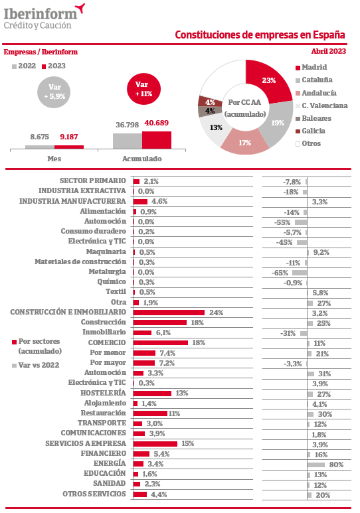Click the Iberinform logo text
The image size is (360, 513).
(x=41, y=14)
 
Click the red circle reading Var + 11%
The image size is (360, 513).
(x=144, y=89)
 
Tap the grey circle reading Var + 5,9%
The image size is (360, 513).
(x=54, y=92)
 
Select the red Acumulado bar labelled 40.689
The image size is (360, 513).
(x=157, y=140)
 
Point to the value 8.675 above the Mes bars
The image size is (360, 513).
(x=40, y=137)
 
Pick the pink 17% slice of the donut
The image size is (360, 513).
(x=245, y=141)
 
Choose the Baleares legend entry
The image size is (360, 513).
(x=314, y=118)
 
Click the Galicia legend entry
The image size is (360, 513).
(x=311, y=131)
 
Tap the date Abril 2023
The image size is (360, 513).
(x=329, y=51)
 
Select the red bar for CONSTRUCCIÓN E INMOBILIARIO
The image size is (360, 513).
(x=169, y=313)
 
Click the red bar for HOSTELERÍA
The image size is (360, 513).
(x=152, y=394)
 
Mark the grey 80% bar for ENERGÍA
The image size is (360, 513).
(x=316, y=465)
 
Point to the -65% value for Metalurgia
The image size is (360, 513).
(x=280, y=273)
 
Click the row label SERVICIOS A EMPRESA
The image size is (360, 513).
(x=86, y=443)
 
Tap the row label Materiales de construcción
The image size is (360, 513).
(x=80, y=261)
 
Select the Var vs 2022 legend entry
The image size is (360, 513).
(x=36, y=365)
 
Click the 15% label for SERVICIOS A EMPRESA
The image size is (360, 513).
(x=188, y=443)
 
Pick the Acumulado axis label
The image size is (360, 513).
(x=142, y=159)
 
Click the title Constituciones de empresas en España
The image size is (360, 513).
(x=260, y=35)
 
